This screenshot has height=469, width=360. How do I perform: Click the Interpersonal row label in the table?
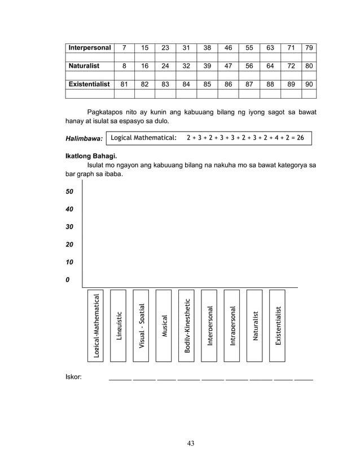(89, 48)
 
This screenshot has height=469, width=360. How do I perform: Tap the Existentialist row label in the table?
(89, 84)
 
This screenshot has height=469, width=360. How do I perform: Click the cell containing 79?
(309, 48)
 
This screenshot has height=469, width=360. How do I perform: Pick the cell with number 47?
(228, 66)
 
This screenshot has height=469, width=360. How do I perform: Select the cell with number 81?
(124, 84)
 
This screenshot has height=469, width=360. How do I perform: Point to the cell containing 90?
(309, 84)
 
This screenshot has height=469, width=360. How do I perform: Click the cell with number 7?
(124, 48)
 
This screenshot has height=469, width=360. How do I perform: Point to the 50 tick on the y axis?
(70, 192)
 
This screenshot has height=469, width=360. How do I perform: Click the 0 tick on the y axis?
(68, 280)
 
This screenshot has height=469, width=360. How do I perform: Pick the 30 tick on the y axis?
(70, 227)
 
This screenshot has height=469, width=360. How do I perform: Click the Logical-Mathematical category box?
(95, 325)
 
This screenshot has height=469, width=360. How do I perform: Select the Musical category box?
(164, 325)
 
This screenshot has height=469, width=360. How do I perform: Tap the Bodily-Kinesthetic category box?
(186, 325)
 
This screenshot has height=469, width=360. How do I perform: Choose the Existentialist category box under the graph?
(277, 325)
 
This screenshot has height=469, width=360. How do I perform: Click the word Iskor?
(73, 376)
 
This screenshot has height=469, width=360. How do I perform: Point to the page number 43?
(191, 443)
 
